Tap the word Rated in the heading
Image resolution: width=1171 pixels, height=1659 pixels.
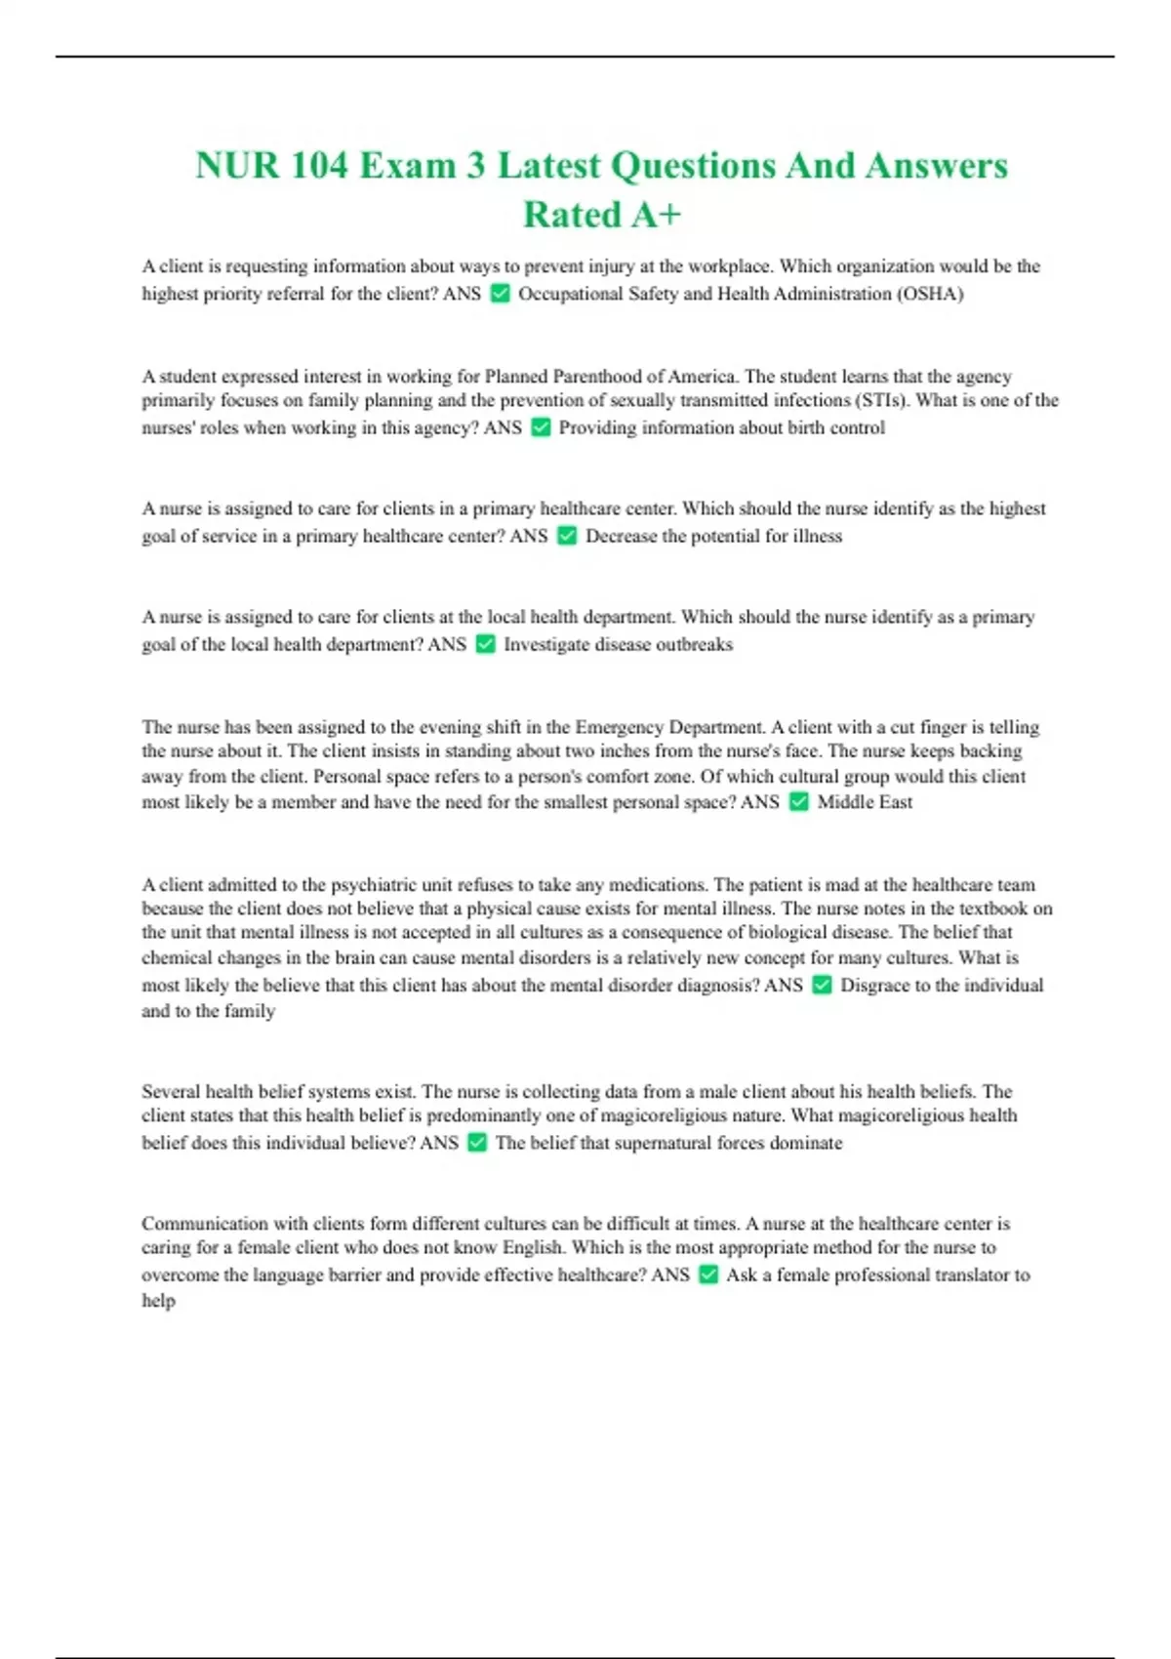point(572,215)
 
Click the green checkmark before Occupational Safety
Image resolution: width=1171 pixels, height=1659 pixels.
point(500,294)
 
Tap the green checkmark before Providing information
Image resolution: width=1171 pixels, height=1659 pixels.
point(541,427)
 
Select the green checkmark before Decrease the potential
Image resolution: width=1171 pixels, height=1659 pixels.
point(567,536)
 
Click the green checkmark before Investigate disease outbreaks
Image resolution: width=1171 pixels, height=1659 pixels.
point(485,644)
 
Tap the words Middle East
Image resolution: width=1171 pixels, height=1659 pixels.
point(865,802)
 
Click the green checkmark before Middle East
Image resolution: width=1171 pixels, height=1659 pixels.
point(798,802)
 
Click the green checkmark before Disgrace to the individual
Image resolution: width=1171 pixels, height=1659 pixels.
point(822,986)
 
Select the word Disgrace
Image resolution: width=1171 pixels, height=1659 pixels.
point(875,986)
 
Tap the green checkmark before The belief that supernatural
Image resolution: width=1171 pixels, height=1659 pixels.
point(477,1143)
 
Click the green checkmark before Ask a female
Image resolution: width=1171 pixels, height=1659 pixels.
point(708,1275)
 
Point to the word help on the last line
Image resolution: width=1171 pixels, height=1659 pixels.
point(158,1301)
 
